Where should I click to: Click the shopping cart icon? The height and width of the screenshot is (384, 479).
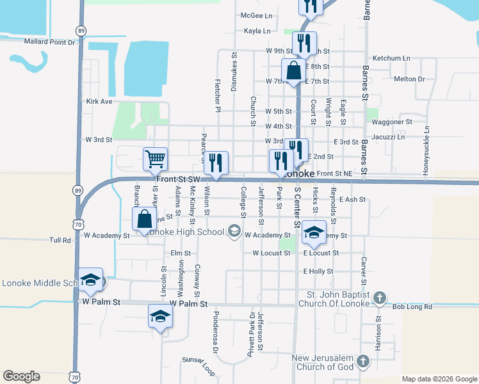click(155, 157)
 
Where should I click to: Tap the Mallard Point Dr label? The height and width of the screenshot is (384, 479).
click(49, 42)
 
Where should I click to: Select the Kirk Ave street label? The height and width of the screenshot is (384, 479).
click(99, 101)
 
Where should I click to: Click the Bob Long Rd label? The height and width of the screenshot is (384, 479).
click(412, 307)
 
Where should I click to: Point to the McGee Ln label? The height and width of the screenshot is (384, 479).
click(256, 15)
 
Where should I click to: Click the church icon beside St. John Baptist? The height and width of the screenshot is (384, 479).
click(380, 298)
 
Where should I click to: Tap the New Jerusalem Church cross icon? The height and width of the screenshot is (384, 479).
click(362, 362)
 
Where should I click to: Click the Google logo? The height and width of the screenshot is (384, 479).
click(22, 376)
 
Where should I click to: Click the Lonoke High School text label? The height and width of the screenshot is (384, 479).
click(186, 231)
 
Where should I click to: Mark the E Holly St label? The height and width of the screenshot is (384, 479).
click(318, 271)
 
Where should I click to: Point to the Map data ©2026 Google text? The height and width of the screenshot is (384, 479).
click(439, 379)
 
